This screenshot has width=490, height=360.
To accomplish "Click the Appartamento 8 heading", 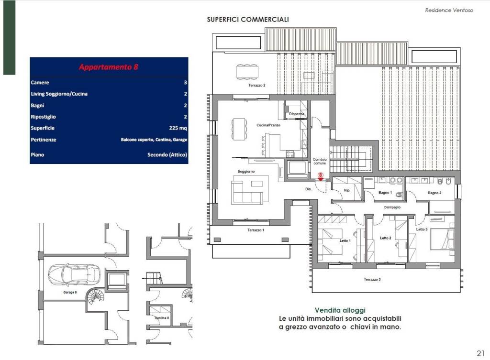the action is point(109,67).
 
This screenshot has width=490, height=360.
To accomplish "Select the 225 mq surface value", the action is point(178,128).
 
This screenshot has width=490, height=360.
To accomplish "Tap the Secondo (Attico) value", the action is point(167,154).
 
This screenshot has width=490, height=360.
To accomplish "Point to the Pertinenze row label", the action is point(44,140).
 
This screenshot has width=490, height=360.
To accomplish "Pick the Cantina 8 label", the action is point(162,318).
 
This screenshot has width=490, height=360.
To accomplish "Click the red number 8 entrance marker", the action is point(320,176).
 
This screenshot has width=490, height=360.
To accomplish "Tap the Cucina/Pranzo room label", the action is point(268,125).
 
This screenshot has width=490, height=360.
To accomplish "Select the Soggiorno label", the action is point(246,172).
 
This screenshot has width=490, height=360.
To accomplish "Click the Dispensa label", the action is point(297,114).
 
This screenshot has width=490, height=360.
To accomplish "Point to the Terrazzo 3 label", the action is point(372,280).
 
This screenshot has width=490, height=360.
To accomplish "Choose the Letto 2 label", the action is point(386,238).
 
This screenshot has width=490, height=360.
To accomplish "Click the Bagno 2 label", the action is point(434,193).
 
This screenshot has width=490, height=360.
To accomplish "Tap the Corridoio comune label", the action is point(320,161).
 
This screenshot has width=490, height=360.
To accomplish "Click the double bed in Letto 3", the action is point(442,239).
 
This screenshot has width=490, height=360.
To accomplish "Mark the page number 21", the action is point(480,353).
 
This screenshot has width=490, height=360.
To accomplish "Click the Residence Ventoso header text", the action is point(449,11).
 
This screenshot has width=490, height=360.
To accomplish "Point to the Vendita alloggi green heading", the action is point(340,310).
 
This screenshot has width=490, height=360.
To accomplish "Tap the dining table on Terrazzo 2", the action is point(247,72).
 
